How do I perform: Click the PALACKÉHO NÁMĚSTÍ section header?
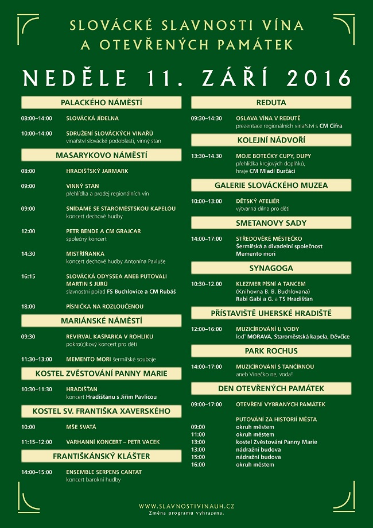pyautogui.click(x=102, y=103)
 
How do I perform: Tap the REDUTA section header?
pyautogui.click(x=271, y=103)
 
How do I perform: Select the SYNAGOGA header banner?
pyautogui.click(x=271, y=268)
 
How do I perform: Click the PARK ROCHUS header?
pyautogui.click(x=271, y=350)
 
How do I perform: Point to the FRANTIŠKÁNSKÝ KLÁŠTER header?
pyautogui.click(x=102, y=456)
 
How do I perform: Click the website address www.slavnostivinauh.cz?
pyautogui.click(x=187, y=506)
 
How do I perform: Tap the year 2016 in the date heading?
pyautogui.click(x=318, y=76)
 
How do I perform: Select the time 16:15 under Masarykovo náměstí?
pyautogui.click(x=28, y=276)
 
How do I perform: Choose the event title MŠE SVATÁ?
pyautogui.click(x=81, y=427)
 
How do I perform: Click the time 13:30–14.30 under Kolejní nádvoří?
pyautogui.click(x=206, y=156)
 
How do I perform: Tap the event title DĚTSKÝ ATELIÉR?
pyautogui.click(x=258, y=201)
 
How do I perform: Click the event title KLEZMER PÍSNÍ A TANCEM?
pyautogui.click(x=271, y=284)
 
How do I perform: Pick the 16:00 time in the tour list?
pyautogui.click(x=198, y=464)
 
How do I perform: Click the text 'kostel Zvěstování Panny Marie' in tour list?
pyautogui.click(x=277, y=442)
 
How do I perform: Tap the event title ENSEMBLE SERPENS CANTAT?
pyautogui.click(x=104, y=472)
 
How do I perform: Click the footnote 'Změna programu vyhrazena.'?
pyautogui.click(x=187, y=512)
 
